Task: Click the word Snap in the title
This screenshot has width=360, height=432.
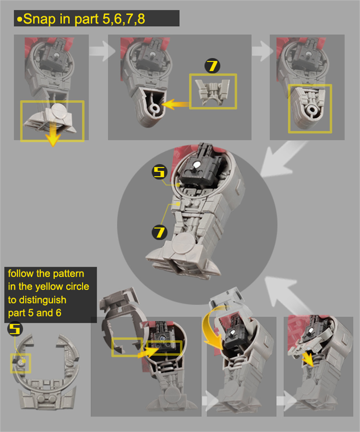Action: pos(39,19)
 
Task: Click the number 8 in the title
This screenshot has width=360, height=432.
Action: pos(141,19)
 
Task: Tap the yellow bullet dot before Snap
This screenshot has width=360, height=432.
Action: pos(20,20)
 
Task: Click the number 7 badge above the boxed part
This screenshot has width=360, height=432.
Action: pos(212,66)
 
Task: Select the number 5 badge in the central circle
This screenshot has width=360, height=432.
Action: pos(159,172)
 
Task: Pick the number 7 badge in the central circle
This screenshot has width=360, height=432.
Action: pos(159,232)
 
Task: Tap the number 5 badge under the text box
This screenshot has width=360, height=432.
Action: pos(15,329)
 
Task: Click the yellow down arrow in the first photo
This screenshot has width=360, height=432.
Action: pos(53,135)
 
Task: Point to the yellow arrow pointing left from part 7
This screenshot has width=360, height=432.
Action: pos(175,104)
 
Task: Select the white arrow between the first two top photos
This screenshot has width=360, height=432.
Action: pos(102,51)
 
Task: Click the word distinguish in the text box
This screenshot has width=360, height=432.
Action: pos(42,300)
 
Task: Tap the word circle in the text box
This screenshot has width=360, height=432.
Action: pos(77,287)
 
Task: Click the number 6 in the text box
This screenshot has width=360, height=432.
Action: pos(58,313)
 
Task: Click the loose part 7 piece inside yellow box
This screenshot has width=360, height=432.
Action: pos(212,92)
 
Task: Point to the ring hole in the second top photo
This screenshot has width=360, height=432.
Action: pos(154,108)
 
